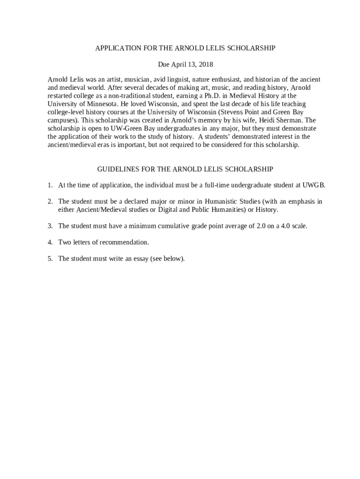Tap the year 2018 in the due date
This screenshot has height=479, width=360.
point(205,64)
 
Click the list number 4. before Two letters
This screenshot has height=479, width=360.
point(50,242)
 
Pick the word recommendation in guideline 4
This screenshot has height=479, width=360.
point(123,242)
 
